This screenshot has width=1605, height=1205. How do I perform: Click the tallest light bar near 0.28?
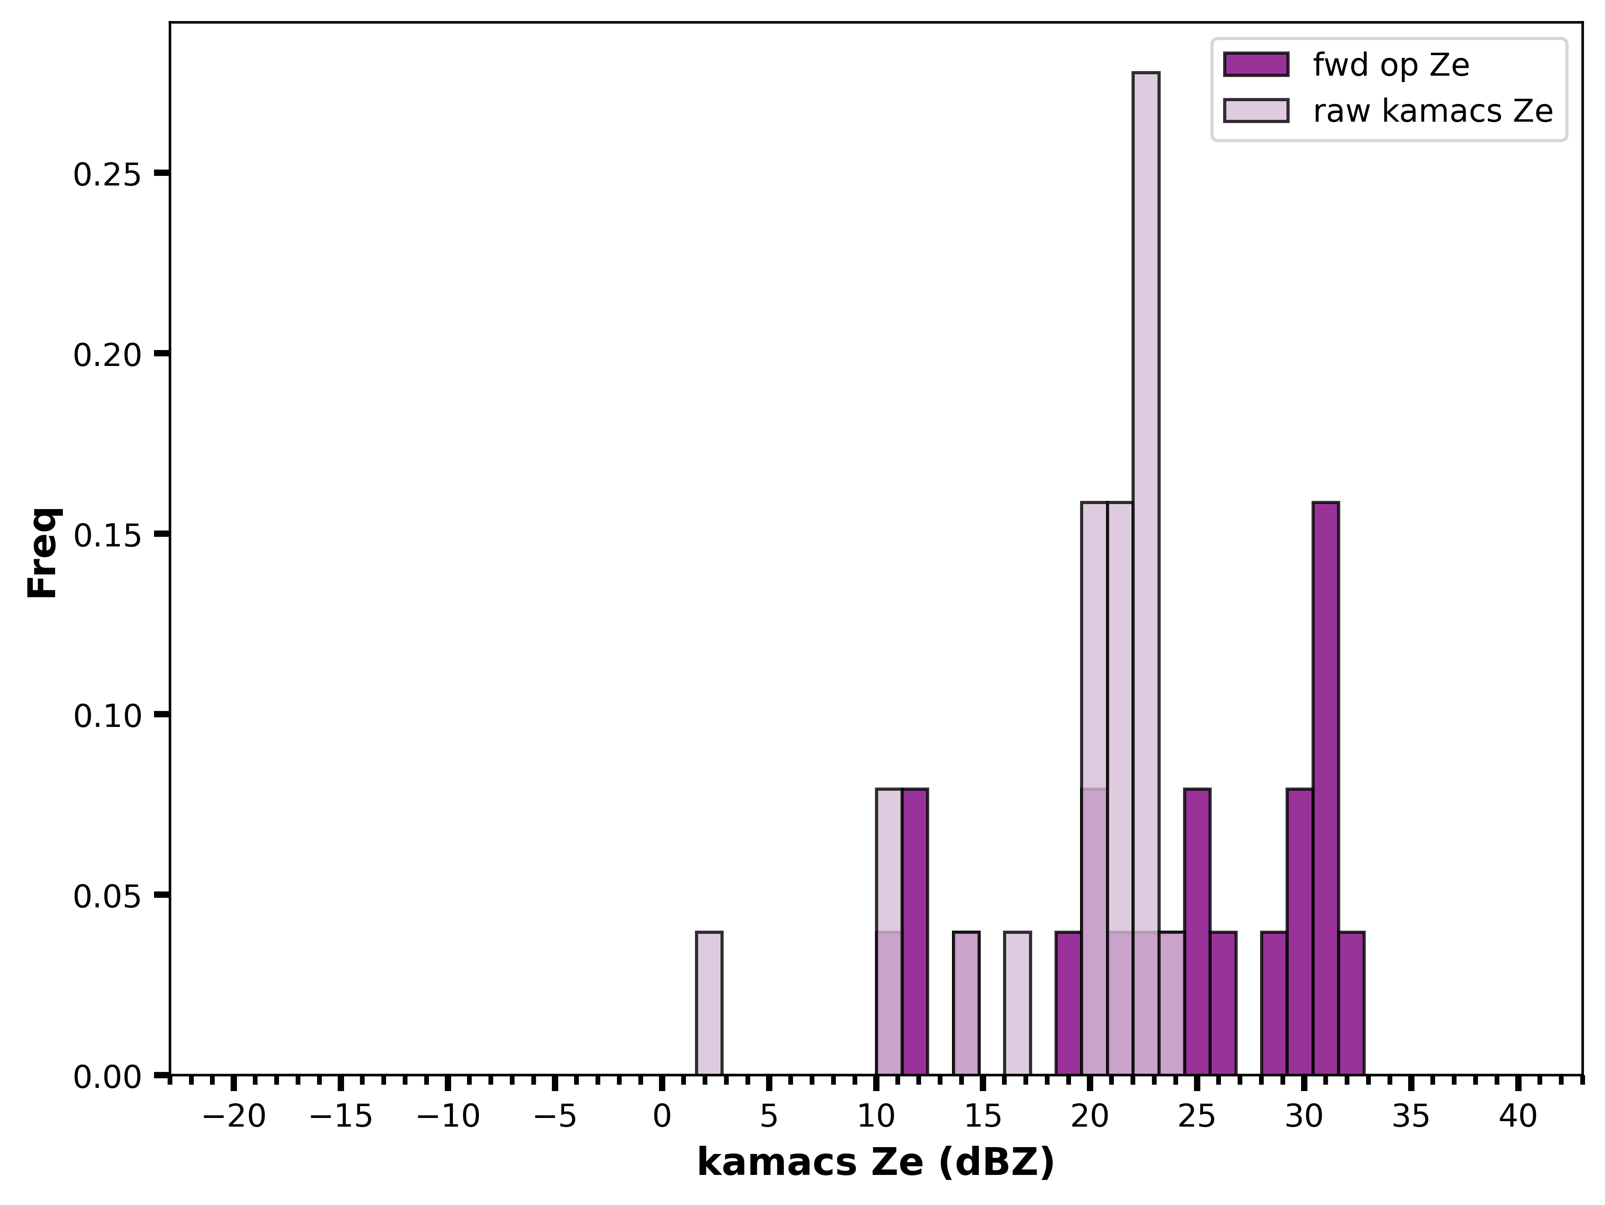1146,573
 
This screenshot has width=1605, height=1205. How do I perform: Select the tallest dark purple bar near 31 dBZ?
1326,788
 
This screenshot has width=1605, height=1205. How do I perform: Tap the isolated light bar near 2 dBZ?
709,1003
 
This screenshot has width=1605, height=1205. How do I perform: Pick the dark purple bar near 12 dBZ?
915,932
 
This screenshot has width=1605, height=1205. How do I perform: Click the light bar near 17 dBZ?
1017,1003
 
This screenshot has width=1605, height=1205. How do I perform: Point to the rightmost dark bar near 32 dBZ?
1351,1003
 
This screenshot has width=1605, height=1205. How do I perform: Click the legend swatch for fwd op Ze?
1256,65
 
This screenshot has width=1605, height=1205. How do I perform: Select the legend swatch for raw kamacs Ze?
1256,110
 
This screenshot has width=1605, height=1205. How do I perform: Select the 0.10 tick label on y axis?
108,716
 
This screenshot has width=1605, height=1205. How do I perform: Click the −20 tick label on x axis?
234,1117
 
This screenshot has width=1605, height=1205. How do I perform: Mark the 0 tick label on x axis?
662,1117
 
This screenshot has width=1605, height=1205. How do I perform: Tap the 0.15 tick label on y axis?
108,536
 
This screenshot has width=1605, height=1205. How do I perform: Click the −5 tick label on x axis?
555,1117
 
